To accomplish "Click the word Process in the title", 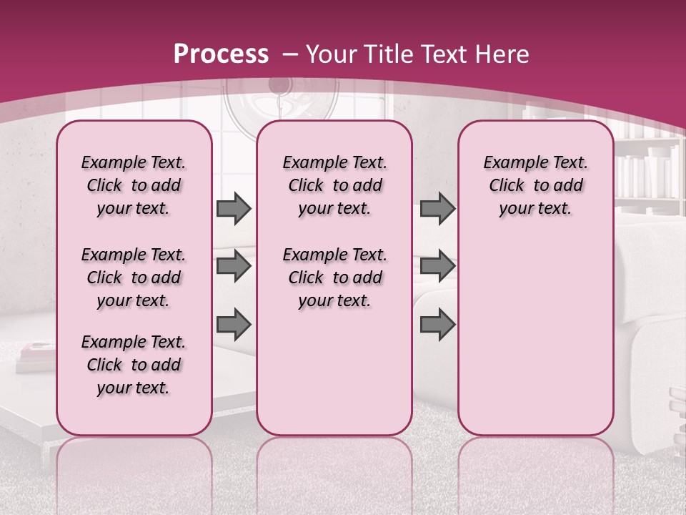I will [221, 54].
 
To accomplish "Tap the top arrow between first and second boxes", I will [234, 208].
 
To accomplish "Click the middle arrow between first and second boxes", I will [234, 266].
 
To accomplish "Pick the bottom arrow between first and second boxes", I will [234, 324].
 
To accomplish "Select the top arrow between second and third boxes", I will [437, 208].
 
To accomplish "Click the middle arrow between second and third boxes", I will [437, 266].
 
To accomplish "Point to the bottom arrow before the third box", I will [437, 324].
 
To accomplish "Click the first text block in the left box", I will [134, 185].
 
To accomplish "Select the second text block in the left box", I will [134, 278].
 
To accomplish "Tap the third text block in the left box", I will [134, 365].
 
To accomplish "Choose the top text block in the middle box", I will [334, 185].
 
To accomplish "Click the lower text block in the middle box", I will [334, 278].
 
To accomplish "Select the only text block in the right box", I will [535, 185].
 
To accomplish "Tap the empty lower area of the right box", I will [535, 336].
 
